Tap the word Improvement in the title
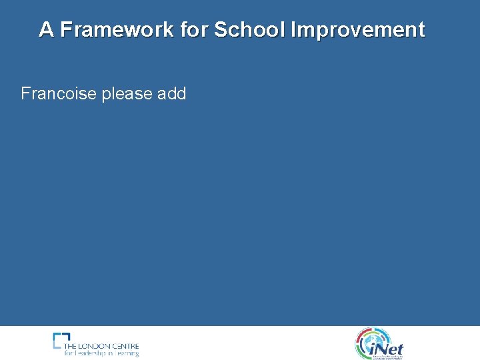point(357,30)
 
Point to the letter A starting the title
point(46,30)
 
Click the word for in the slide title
point(194,30)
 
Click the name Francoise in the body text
point(59,93)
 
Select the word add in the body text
point(171,93)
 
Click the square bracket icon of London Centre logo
point(61,340)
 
